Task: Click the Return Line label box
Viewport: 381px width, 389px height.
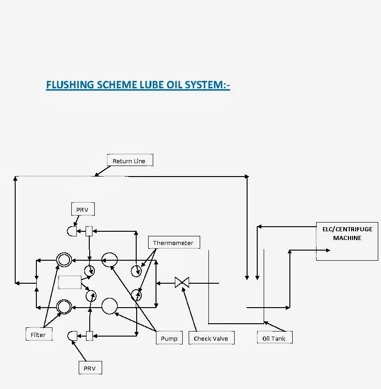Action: coord(129,161)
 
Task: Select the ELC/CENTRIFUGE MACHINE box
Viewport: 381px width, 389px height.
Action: coord(347,241)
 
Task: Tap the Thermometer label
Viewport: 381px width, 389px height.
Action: coord(173,243)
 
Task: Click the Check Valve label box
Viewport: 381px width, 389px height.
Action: coord(211,338)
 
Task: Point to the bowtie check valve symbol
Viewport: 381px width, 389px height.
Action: coord(182,282)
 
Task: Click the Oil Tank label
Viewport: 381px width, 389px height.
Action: coord(274,338)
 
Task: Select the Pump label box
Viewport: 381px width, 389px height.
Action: coord(169,338)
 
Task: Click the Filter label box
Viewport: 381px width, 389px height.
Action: coord(38,335)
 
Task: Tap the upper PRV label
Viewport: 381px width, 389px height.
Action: coord(82,210)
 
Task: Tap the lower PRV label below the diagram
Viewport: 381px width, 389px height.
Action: coord(89,368)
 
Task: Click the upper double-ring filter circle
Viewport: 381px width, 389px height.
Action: coord(63,260)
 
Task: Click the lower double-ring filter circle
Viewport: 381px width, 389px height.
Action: coord(63,306)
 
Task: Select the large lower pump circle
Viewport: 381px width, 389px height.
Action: coord(110,306)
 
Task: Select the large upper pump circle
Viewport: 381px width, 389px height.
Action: coord(110,260)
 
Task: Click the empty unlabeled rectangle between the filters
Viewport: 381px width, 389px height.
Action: coord(69,282)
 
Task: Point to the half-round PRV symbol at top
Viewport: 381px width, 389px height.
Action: coord(72,231)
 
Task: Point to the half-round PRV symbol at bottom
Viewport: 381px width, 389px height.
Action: coord(72,336)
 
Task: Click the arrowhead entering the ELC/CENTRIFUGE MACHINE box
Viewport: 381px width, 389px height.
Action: coord(328,250)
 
